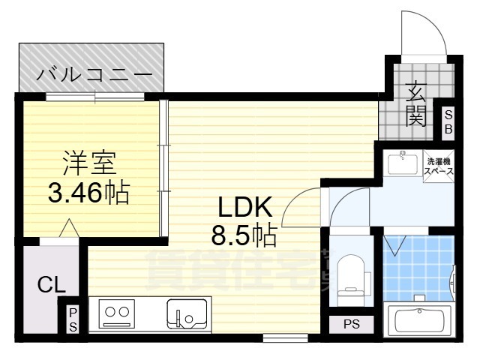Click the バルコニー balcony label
(95, 76)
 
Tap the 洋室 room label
(90, 162)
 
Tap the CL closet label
(51, 284)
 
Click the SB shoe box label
(448, 121)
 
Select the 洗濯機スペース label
(439, 166)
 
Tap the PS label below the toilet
(351, 325)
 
